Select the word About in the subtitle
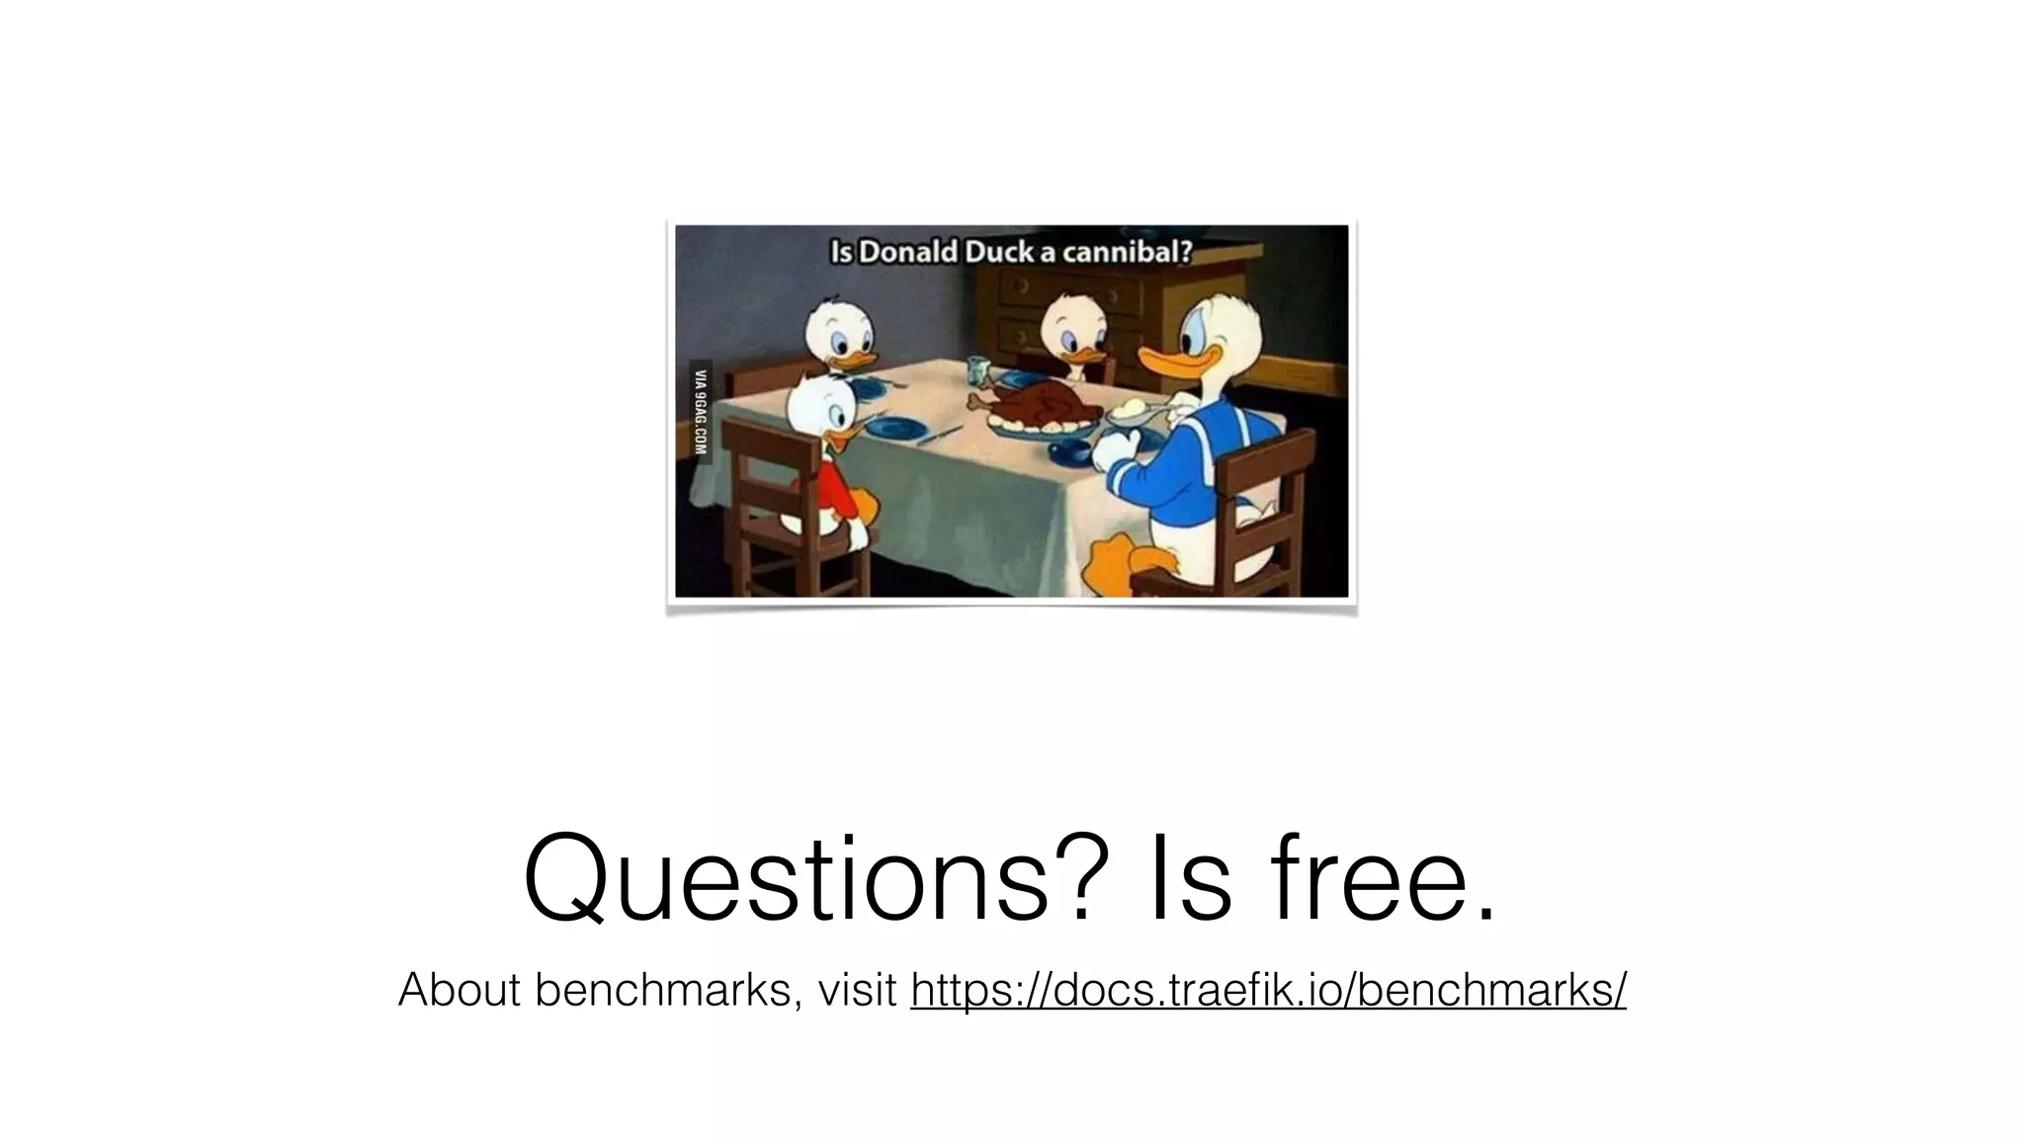click(459, 990)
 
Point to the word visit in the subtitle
click(857, 990)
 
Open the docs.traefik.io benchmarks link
click(1268, 990)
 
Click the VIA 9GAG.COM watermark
click(701, 410)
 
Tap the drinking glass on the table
click(977, 370)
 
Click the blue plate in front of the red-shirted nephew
click(893, 429)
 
